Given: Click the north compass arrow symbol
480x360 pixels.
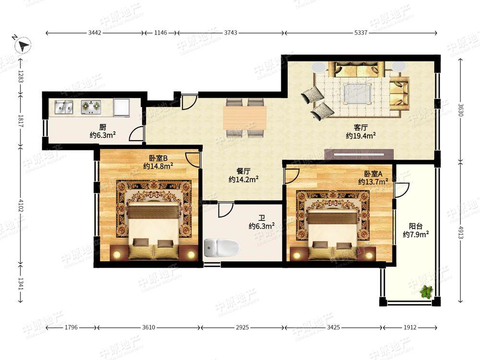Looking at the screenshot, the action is pyautogui.click(x=23, y=46).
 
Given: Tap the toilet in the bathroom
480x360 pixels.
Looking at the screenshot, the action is pyautogui.click(x=221, y=248).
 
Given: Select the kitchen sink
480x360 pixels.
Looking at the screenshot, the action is pyautogui.click(x=64, y=107).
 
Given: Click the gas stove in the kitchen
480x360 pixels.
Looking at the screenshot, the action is pyautogui.click(x=91, y=107).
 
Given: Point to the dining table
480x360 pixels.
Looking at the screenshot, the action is pyautogui.click(x=245, y=118).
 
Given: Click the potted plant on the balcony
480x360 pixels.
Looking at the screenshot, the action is pyautogui.click(x=426, y=292).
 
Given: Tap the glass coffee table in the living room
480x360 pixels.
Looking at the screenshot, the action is pyautogui.click(x=357, y=94).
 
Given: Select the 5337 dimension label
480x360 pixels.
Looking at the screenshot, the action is pyautogui.click(x=360, y=33).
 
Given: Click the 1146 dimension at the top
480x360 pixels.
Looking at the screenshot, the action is pyautogui.click(x=160, y=33).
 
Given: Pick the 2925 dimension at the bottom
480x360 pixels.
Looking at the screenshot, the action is pyautogui.click(x=242, y=327).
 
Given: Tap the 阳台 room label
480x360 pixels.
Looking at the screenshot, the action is pyautogui.click(x=416, y=226).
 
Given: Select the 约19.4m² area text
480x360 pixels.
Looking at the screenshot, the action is pyautogui.click(x=361, y=136).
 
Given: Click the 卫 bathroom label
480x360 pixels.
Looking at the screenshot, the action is pyautogui.click(x=262, y=218).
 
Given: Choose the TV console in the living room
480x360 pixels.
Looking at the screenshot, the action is pyautogui.click(x=359, y=154).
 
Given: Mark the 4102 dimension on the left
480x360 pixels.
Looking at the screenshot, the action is pyautogui.click(x=21, y=205).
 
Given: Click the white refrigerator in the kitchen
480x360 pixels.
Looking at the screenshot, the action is pyautogui.click(x=122, y=107).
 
